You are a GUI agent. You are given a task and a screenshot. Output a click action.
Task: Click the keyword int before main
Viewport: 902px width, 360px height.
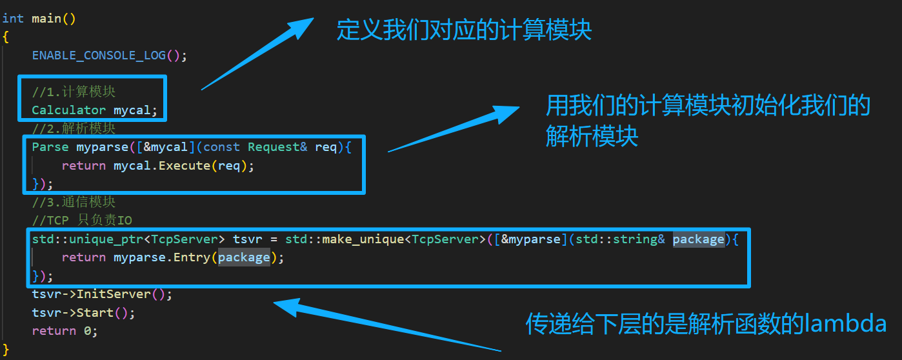13,19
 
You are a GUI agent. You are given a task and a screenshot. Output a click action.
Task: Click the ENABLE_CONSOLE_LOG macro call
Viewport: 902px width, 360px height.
99,55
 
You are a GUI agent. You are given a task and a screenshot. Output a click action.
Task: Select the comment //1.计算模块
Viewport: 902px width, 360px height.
74,92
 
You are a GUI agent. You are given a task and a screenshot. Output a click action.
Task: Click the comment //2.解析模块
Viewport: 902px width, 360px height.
74,128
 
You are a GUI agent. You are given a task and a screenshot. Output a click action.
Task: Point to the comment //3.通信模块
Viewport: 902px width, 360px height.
74,202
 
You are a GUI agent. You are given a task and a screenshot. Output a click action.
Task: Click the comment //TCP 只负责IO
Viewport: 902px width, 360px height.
82,221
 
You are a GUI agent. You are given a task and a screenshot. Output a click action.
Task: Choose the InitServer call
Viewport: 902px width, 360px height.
123,294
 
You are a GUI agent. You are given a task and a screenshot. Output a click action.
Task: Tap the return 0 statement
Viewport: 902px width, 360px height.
65,331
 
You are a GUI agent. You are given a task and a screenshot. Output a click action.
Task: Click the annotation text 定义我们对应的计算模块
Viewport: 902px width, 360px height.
464,30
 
